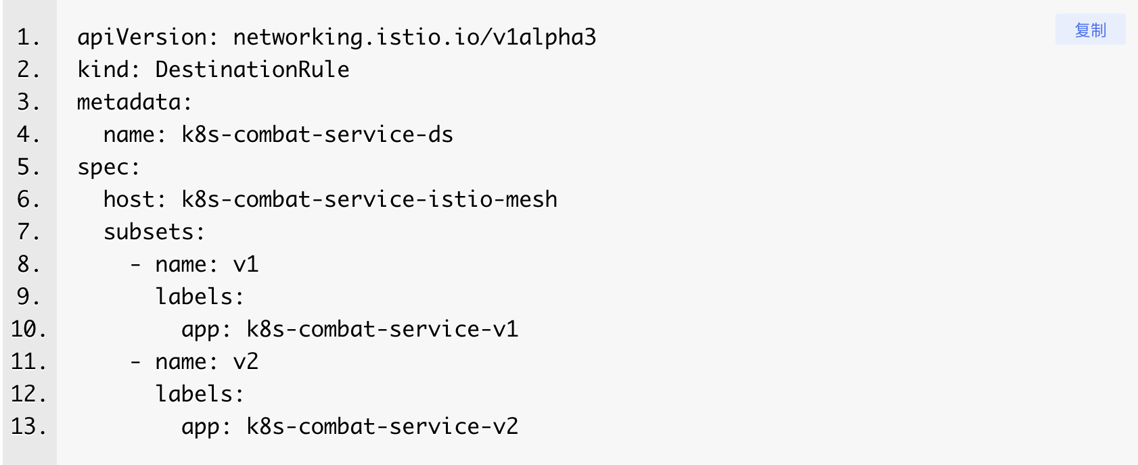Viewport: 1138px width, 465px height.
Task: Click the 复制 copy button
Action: pos(1090,30)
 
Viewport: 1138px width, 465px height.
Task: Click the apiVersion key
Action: pos(141,38)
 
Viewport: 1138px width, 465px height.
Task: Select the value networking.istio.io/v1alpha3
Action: pos(415,38)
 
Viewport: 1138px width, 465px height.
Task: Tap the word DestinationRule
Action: pos(252,70)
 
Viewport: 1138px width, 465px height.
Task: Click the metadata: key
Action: pos(135,102)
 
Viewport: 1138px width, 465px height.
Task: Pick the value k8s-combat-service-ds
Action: pos(317,134)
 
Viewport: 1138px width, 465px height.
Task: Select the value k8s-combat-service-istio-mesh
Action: pos(369,199)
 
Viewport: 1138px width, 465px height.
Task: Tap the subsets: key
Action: pos(154,232)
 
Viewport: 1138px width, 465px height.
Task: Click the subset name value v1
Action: pos(246,264)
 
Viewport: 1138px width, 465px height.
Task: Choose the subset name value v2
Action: pos(246,362)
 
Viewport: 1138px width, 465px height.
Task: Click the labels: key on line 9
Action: pos(200,297)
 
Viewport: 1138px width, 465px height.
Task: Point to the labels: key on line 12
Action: pos(200,394)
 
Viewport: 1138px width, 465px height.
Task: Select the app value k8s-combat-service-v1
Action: pos(382,329)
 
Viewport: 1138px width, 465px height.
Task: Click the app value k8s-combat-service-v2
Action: pos(382,426)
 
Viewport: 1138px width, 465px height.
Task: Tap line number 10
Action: pos(28,329)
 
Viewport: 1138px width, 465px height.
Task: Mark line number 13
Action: pos(28,426)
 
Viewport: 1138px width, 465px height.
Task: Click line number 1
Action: pos(28,38)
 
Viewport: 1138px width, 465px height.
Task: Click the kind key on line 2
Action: pos(103,70)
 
